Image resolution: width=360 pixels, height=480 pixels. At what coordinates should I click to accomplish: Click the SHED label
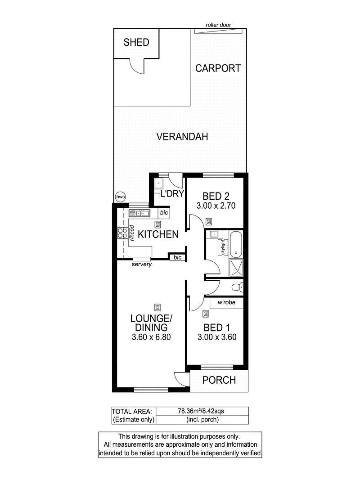136,42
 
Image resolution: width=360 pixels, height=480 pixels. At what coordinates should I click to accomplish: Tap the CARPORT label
218,68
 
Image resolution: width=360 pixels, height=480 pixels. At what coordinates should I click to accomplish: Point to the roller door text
218,25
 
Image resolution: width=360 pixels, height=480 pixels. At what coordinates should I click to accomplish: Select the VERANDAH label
182,136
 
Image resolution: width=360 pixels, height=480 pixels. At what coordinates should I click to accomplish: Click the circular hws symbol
121,197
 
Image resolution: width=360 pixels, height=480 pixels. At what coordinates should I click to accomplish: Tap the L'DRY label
172,193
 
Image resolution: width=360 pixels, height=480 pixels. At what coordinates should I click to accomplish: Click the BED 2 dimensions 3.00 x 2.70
216,206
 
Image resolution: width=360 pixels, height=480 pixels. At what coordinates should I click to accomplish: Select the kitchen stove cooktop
122,233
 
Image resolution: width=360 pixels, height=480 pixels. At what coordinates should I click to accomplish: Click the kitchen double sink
139,213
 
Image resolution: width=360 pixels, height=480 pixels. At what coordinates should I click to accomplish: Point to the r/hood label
132,233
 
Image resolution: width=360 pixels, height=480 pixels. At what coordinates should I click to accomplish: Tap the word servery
141,264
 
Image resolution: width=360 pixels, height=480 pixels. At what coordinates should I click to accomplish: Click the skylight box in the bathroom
223,247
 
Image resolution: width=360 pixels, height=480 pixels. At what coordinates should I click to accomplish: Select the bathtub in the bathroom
236,245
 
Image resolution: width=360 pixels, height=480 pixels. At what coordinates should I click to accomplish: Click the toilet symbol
238,287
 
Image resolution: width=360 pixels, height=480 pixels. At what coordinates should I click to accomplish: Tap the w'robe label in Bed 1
226,302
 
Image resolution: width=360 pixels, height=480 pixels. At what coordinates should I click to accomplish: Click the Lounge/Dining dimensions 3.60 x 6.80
151,337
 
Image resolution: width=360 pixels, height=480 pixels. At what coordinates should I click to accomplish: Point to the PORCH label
219,380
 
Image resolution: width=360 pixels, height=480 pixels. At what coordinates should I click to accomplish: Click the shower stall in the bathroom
236,268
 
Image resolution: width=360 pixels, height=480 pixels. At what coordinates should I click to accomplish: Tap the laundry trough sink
158,184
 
